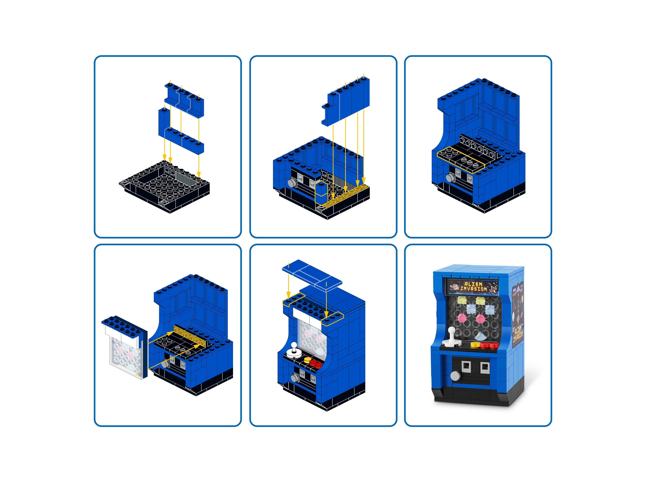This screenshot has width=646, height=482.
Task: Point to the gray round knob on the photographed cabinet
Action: (455, 375)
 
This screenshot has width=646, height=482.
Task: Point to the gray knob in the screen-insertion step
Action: (166, 365)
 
